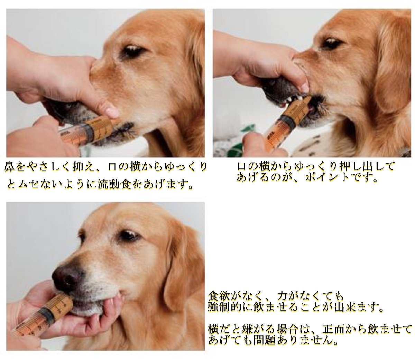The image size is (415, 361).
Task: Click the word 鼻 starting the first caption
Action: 9,167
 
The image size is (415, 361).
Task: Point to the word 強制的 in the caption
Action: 225,307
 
